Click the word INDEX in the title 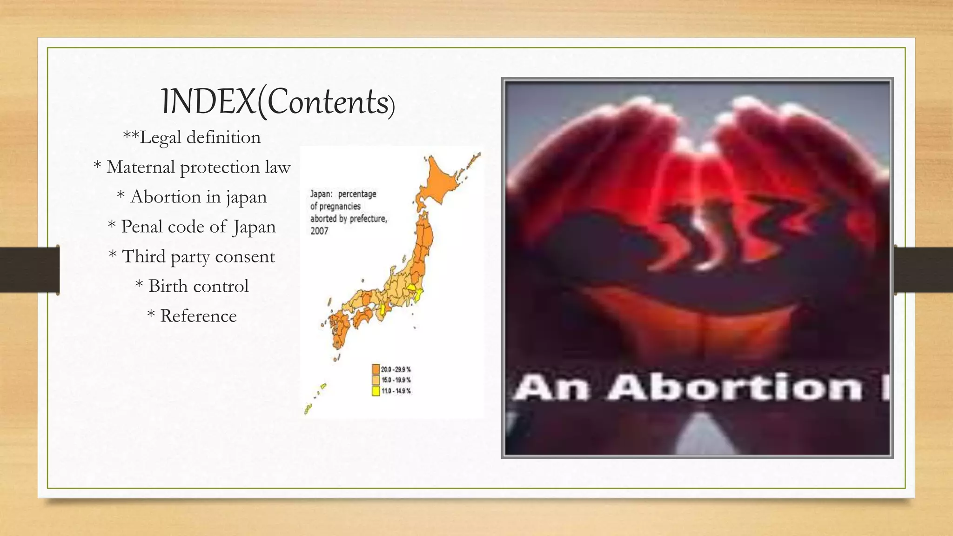click(208, 102)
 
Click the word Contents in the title click(328, 102)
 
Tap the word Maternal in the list click(140, 167)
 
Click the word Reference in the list click(199, 316)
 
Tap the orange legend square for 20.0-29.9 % click(376, 369)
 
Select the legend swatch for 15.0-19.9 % click(376, 380)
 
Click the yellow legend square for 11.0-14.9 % click(376, 391)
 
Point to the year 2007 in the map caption click(319, 231)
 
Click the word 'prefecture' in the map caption click(368, 218)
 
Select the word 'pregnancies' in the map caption click(340, 206)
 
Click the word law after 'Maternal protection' click(278, 167)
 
